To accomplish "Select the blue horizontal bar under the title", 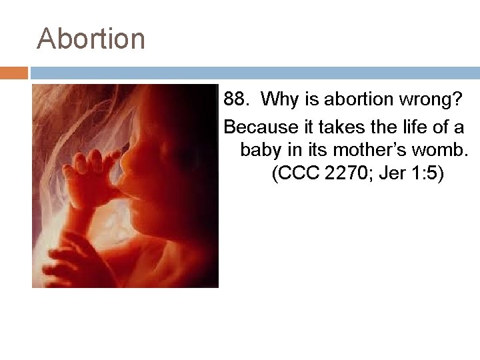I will coord(253,72).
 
